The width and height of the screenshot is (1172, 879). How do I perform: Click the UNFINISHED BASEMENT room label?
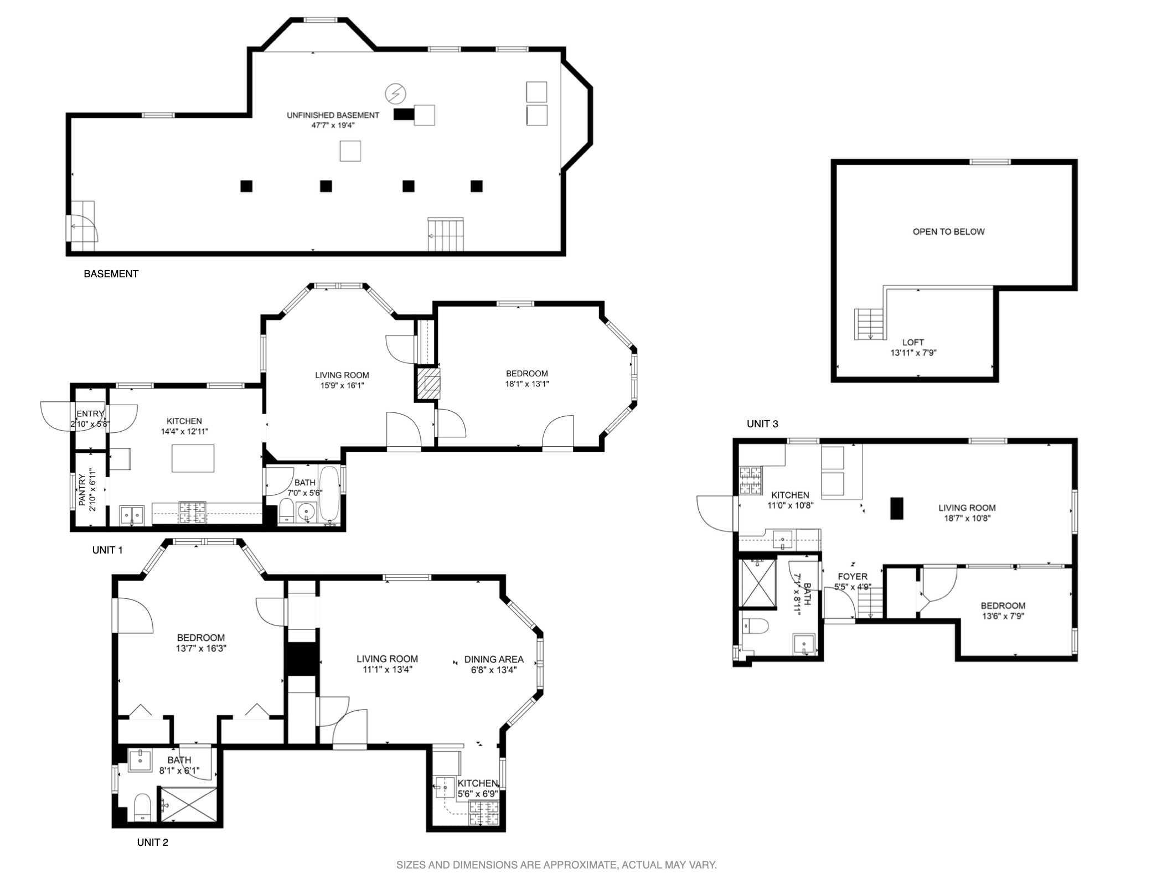pos(333,115)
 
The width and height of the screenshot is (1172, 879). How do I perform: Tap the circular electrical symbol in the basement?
pos(395,94)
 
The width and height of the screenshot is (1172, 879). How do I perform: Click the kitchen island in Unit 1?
pos(193,458)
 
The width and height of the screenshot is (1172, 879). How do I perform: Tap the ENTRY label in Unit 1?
pos(90,413)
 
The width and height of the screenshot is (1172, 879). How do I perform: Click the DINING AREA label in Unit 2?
pos(494,659)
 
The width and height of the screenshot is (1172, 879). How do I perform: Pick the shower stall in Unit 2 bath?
pos(188,805)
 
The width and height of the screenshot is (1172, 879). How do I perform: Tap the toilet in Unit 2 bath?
pos(142,808)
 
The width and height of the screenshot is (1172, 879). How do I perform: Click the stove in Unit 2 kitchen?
pos(484,813)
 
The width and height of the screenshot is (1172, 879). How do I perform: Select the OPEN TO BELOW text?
pos(948,232)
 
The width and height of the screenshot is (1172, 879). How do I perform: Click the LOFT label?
pos(913,342)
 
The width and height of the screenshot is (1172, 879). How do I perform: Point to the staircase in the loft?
pos(869,325)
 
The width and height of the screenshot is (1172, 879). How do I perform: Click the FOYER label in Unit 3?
pos(853,577)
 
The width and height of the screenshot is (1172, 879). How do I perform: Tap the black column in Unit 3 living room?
pos(896,508)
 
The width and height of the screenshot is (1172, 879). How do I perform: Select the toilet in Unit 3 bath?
pos(755,627)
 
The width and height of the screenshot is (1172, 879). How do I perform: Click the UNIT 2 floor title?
pos(153,842)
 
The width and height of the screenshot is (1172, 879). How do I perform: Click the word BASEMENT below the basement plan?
pos(111,274)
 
